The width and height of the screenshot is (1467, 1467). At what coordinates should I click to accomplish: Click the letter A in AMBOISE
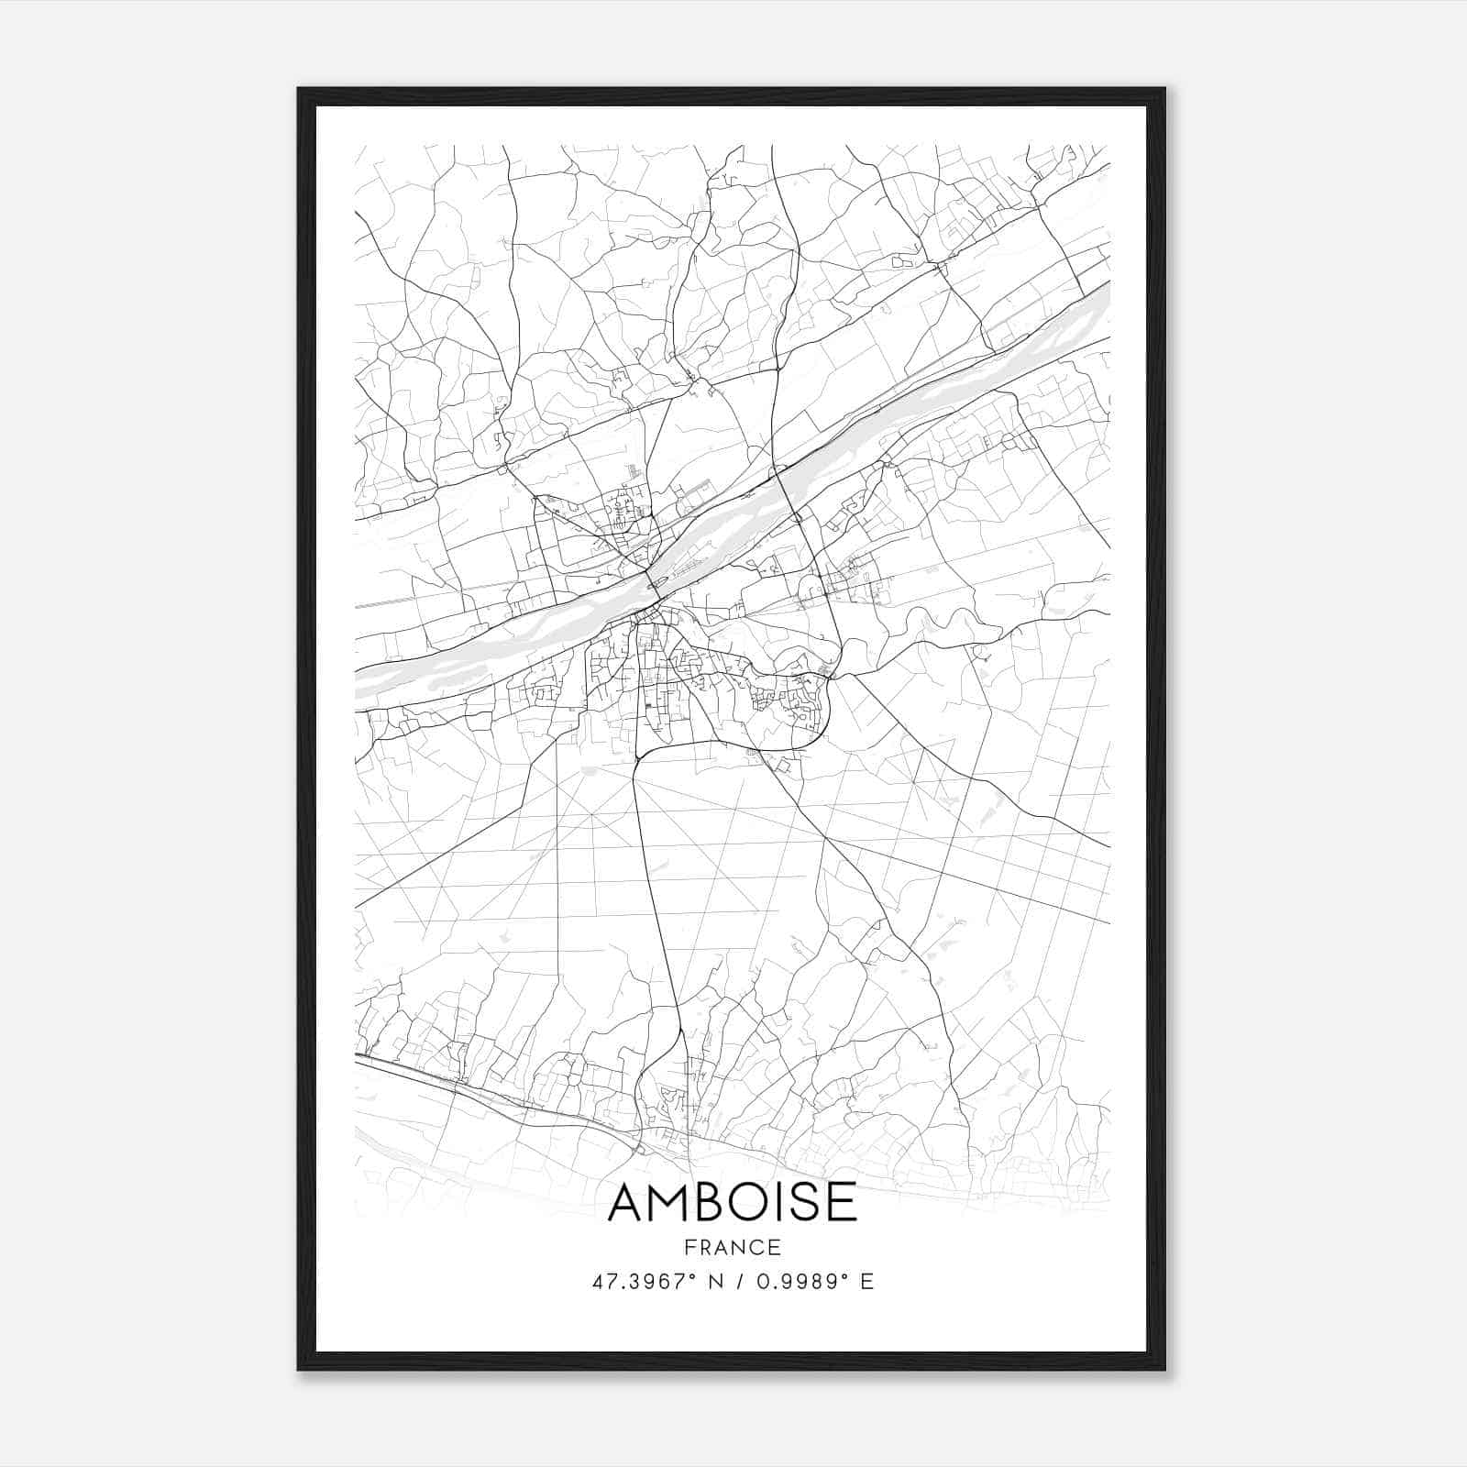pyautogui.click(x=629, y=1203)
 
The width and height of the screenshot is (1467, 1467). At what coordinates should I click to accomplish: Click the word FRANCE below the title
pyautogui.click(x=733, y=1247)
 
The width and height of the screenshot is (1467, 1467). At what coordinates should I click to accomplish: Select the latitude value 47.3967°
pyautogui.click(x=643, y=1282)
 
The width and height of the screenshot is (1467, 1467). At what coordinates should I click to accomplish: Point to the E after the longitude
pyautogui.click(x=866, y=1282)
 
